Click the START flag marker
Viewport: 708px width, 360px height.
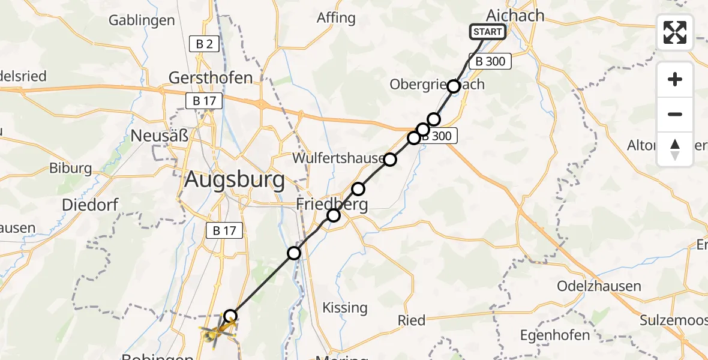click(x=487, y=32)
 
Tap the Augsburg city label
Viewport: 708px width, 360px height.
click(x=235, y=179)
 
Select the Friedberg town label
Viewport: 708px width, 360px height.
click(x=332, y=205)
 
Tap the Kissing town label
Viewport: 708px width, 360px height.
click(x=345, y=308)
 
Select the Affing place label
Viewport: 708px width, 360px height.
click(x=336, y=18)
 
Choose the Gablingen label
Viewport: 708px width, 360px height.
click(x=142, y=20)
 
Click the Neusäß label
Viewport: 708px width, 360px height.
click(x=160, y=136)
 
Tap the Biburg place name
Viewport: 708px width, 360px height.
click(x=71, y=168)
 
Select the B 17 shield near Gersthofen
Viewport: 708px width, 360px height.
click(x=205, y=101)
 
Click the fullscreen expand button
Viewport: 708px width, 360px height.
click(x=675, y=32)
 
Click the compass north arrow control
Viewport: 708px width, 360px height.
click(x=675, y=149)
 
